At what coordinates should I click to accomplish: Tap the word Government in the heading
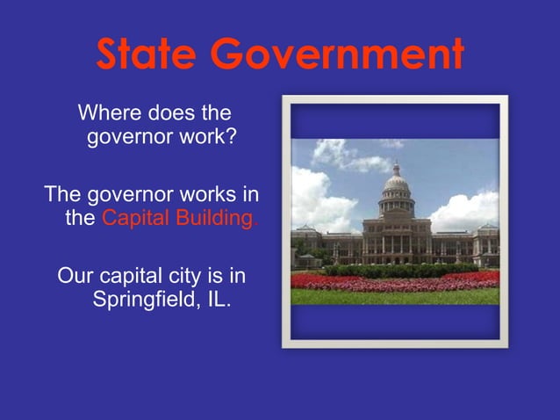coord(338,56)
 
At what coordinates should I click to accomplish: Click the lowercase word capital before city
coord(134,277)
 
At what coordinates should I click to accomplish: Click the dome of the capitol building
coord(397,184)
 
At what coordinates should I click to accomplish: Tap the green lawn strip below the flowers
coord(395,296)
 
